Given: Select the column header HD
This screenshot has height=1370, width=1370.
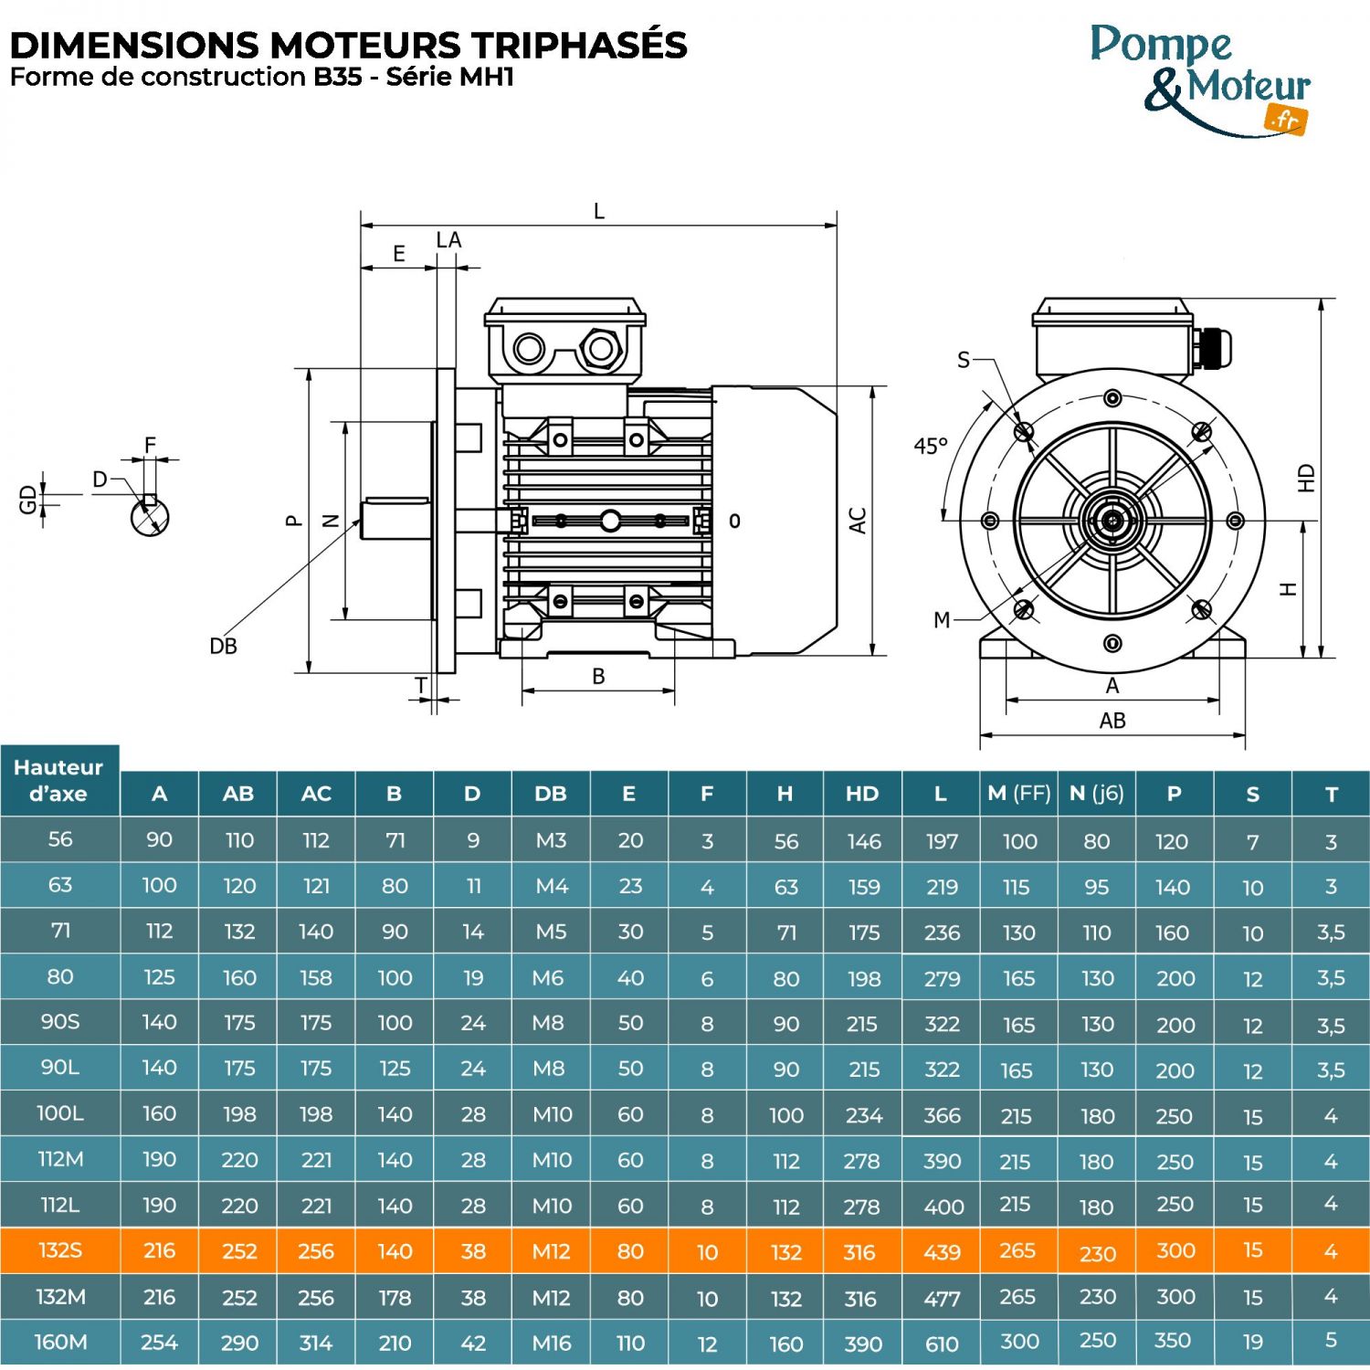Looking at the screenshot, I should [861, 794].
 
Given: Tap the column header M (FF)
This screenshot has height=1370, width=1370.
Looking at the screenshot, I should [1018, 794].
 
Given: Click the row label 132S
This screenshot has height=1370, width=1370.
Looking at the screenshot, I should [60, 1250].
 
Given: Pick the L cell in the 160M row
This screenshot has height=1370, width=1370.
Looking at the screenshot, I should [941, 1344].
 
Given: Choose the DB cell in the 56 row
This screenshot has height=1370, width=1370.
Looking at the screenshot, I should [551, 840].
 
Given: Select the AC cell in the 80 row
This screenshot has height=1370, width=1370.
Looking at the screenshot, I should [316, 978].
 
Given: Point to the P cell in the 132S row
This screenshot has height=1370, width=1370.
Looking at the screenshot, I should [1175, 1250].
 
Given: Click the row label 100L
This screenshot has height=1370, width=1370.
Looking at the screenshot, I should [60, 1114].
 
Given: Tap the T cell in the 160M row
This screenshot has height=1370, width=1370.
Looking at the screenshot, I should [1331, 1341].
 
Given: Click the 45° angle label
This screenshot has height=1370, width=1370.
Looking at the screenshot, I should [931, 447].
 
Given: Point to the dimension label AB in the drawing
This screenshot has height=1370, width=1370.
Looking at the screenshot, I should [1112, 721].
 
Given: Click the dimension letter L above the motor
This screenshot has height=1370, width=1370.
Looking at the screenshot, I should [599, 212].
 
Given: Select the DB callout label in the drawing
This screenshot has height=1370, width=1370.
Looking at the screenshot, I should [223, 647].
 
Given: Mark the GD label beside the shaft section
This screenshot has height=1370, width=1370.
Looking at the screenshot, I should [28, 499].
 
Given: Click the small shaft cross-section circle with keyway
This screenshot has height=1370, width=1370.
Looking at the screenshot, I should [150, 517].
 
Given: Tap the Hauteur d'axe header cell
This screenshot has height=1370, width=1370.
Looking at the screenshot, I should [58, 780].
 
